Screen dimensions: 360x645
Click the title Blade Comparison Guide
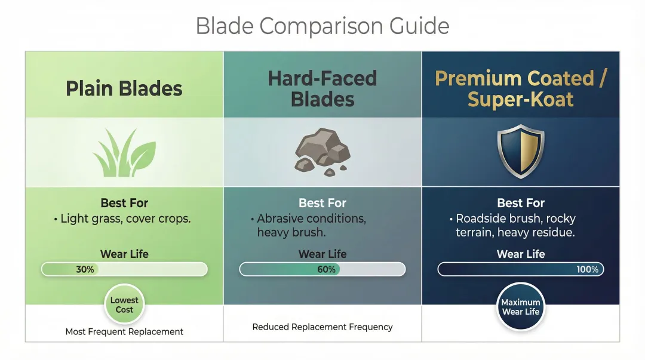click(322, 26)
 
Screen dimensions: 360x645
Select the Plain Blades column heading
click(124, 88)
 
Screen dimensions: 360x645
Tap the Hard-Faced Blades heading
click(322, 88)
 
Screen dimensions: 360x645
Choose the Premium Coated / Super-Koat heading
click(521, 88)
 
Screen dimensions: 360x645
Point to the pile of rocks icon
click(322, 152)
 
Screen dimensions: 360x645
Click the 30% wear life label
click(85, 269)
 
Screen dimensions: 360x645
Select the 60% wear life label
click(326, 269)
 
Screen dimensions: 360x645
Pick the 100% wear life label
click(587, 269)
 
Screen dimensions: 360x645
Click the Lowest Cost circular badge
click(124, 304)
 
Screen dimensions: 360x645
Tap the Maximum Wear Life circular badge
click(521, 307)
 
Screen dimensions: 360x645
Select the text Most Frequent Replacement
click(124, 331)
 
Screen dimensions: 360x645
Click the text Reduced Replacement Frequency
click(322, 327)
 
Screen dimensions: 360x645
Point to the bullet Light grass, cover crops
click(124, 219)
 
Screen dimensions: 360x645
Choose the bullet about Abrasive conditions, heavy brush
click(311, 226)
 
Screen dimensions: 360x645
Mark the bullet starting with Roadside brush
click(515, 226)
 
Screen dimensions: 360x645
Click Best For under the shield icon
click(521, 203)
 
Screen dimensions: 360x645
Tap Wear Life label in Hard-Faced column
click(322, 254)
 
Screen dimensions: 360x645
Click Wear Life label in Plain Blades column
click(124, 254)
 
